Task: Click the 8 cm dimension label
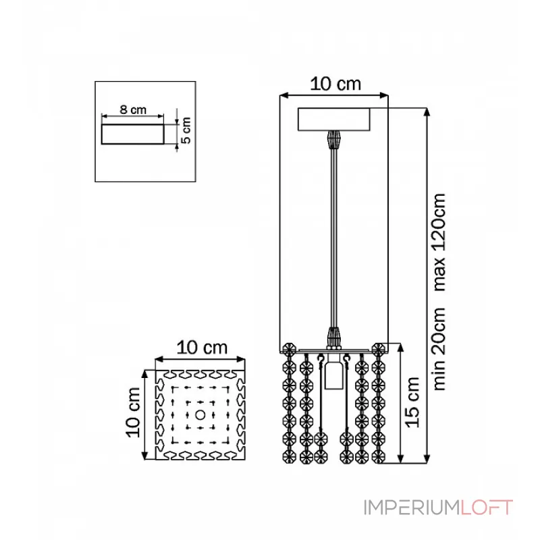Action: pyautogui.click(x=133, y=110)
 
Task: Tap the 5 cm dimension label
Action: pyautogui.click(x=186, y=130)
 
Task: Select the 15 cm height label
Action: pyautogui.click(x=412, y=402)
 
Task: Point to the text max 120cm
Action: pyautogui.click(x=439, y=242)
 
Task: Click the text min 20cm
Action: pyautogui.click(x=439, y=349)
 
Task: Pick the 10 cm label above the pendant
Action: pyautogui.click(x=335, y=84)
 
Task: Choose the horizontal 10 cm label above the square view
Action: pyautogui.click(x=202, y=348)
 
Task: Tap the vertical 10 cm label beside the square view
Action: pyautogui.click(x=133, y=412)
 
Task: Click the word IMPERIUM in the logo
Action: pyautogui.click(x=412, y=508)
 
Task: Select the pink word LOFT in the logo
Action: pyautogui.click(x=487, y=508)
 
